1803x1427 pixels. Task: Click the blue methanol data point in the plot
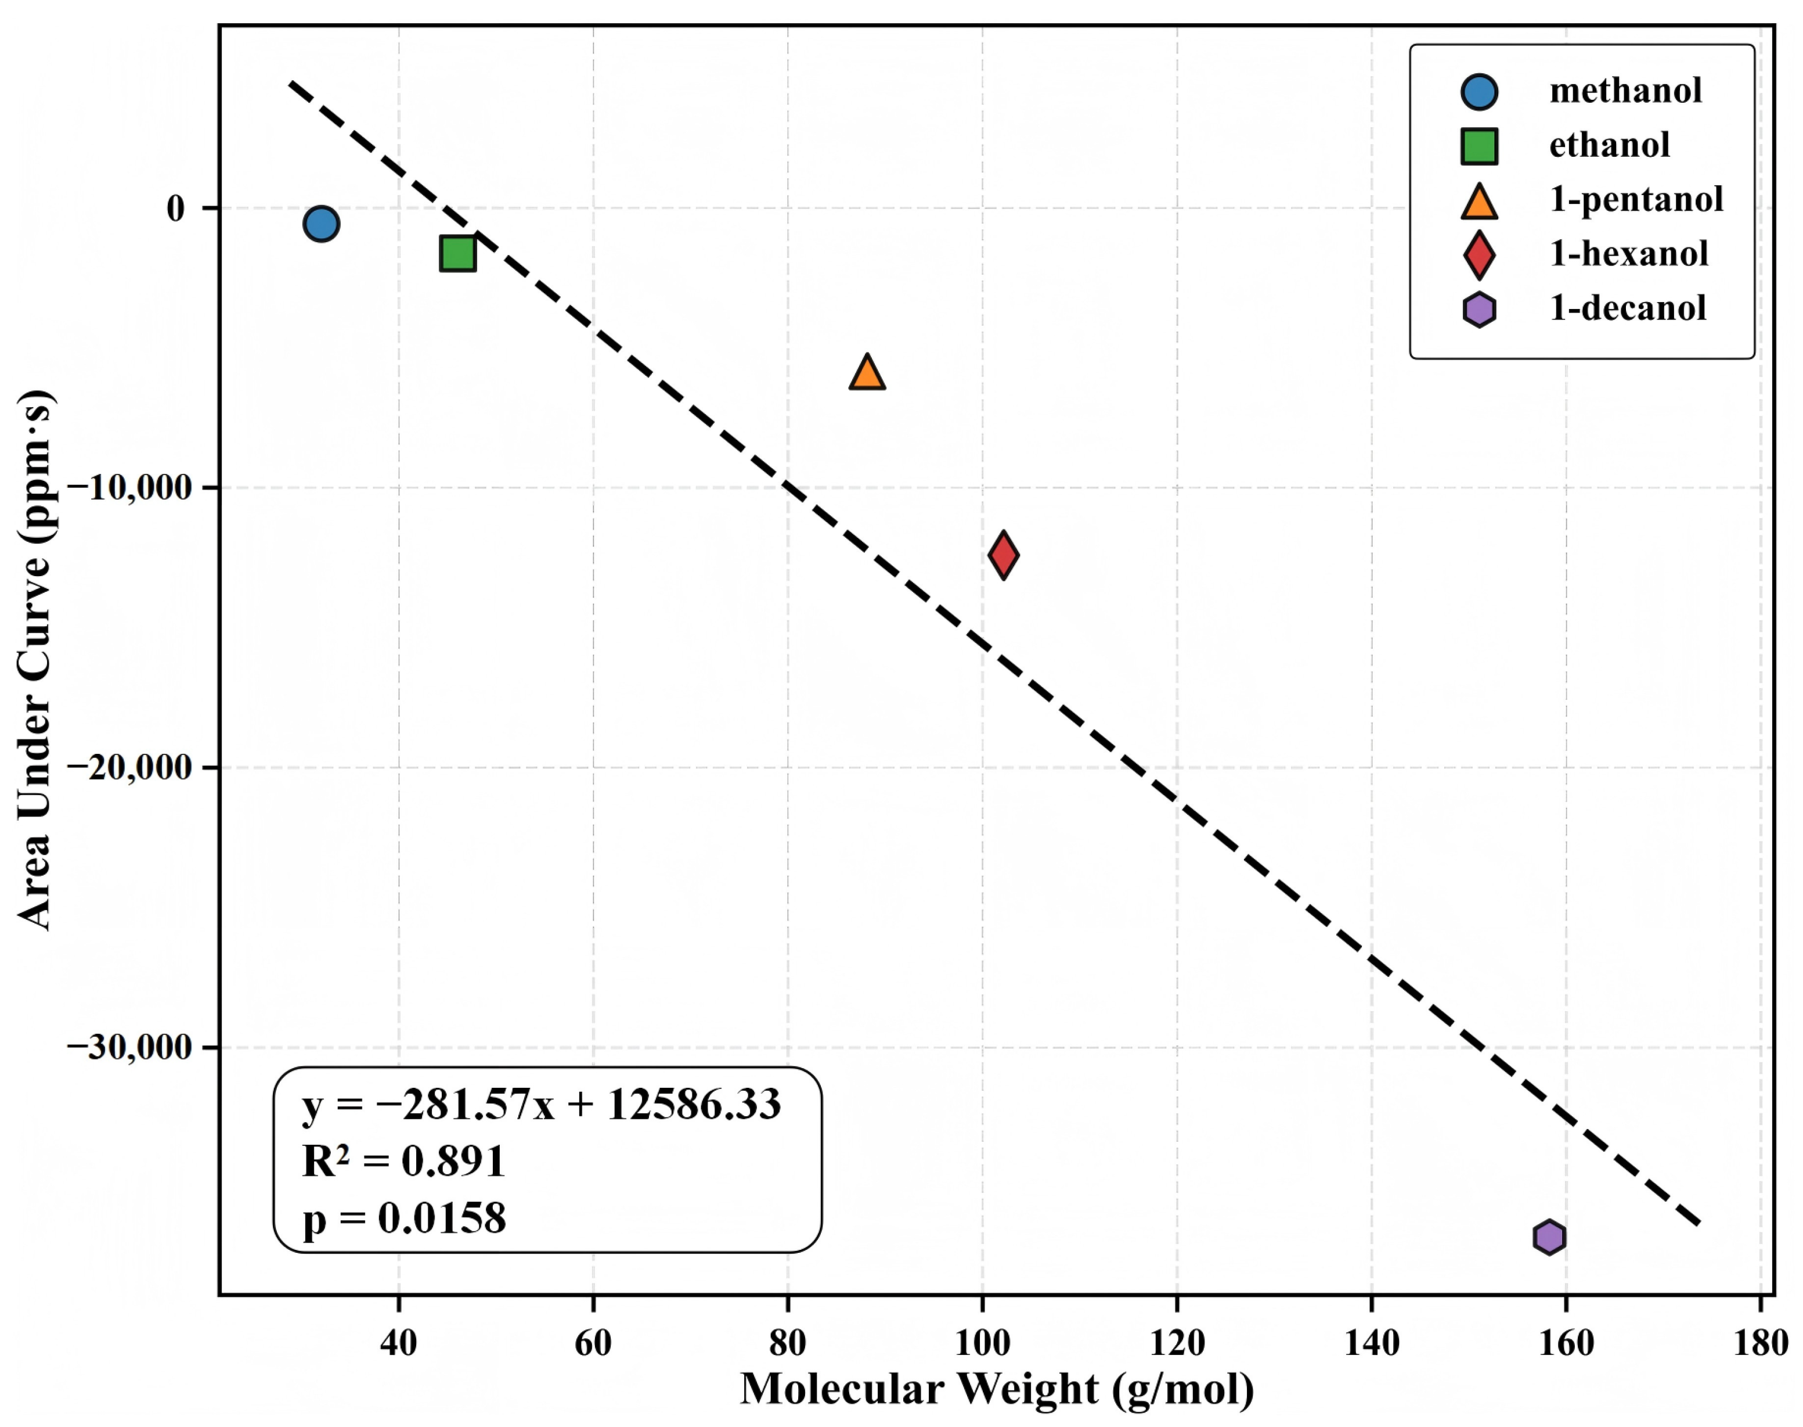click(320, 224)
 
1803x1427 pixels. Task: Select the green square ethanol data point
click(457, 253)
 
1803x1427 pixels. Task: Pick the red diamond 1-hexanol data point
click(1003, 554)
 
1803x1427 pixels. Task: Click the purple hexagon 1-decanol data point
click(1549, 1237)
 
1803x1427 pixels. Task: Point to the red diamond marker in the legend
click(1479, 255)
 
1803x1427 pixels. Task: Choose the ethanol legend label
click(1609, 145)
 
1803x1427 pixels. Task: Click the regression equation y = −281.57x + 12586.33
click(541, 1105)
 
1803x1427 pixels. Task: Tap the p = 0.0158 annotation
click(404, 1218)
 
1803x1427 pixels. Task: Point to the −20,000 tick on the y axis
click(130, 767)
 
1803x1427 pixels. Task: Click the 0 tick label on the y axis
click(175, 208)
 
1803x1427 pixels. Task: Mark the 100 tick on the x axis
click(982, 1343)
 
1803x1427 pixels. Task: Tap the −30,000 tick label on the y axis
click(130, 1047)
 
